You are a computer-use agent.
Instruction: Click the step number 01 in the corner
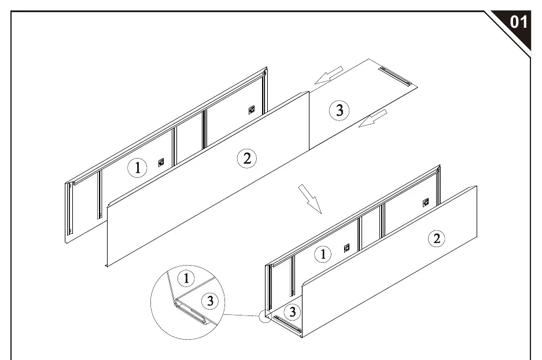tap(518, 22)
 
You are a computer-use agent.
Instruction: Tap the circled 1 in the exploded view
tap(137, 168)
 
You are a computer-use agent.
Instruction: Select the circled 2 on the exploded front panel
tap(247, 159)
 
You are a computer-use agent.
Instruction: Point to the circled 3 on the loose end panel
tap(339, 111)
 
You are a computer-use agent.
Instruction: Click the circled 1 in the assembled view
tap(323, 254)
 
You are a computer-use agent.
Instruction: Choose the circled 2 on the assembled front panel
tap(437, 238)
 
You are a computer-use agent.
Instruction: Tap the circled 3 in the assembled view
tap(293, 312)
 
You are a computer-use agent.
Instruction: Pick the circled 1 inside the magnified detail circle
tap(186, 278)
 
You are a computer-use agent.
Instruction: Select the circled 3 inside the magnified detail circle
tap(210, 301)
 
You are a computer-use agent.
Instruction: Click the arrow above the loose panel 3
tap(329, 75)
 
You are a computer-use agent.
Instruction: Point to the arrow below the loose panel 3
tap(373, 118)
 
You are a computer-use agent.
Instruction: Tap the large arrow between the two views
tap(310, 199)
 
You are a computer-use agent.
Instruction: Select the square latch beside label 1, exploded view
tap(161, 163)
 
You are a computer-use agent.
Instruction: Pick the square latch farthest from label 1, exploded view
tap(252, 110)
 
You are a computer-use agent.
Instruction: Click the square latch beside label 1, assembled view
tap(346, 248)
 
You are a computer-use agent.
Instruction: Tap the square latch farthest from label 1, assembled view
tap(426, 203)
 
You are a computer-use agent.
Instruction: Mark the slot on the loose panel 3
tap(394, 76)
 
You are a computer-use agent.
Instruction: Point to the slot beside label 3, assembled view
tap(287, 324)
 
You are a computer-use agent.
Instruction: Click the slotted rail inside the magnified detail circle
tap(191, 313)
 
